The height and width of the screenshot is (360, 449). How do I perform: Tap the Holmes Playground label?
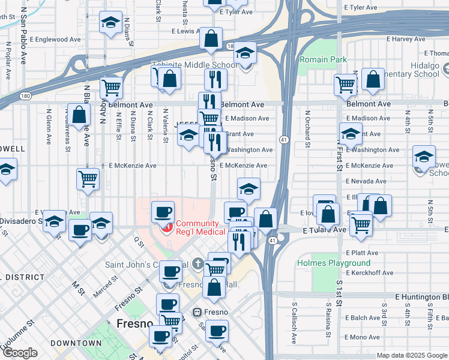(x=334, y=263)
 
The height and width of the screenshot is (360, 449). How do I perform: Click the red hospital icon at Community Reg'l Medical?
(x=167, y=227)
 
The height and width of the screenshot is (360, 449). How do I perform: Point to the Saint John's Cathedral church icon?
(x=199, y=263)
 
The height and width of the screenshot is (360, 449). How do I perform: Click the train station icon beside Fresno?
(x=196, y=312)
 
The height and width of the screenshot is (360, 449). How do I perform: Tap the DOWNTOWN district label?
(x=76, y=343)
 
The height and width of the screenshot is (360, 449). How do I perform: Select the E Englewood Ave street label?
(x=58, y=39)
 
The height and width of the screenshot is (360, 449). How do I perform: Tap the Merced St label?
(x=105, y=287)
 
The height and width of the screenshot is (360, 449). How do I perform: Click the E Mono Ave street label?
(x=363, y=337)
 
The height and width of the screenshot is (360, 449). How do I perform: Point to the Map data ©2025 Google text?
(x=411, y=355)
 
